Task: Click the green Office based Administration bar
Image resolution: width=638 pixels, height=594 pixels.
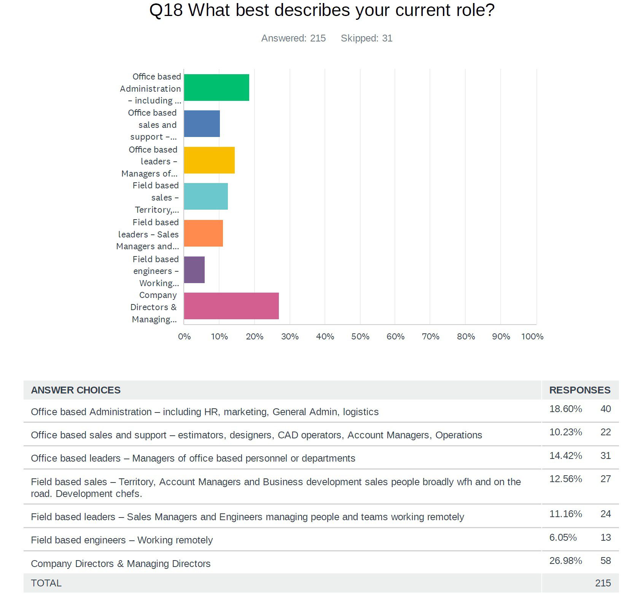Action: point(216,88)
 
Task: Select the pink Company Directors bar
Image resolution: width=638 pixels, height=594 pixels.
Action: point(231,306)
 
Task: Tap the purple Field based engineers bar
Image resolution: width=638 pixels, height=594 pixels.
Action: point(194,270)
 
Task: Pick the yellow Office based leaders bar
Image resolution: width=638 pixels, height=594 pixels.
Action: point(209,160)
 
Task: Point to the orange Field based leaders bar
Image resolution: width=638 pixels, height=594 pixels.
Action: point(203,233)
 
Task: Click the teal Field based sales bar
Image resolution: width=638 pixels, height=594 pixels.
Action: point(205,196)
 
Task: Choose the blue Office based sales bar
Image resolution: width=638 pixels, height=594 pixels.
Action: point(202,124)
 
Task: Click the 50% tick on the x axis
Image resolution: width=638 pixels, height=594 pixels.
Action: point(360,337)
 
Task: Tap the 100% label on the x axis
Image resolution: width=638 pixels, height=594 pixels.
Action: point(532,337)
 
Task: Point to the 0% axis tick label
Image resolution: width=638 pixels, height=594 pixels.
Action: point(185,337)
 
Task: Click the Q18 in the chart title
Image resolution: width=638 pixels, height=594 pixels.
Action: point(166,10)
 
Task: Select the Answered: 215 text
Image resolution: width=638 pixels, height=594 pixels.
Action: point(293,38)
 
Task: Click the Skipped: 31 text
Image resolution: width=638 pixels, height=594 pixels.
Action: point(366,38)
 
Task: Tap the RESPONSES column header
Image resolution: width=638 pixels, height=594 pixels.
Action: point(579,390)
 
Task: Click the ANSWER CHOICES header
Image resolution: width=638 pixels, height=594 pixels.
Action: point(76,390)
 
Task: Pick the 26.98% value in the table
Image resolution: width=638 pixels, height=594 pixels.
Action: point(565,561)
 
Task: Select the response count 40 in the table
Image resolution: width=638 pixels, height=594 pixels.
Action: point(605,409)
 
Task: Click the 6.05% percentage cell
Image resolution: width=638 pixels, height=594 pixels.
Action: point(563,537)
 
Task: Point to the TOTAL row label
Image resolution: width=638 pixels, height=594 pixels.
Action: point(46,583)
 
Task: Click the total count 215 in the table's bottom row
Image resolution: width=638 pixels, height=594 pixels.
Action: point(603,583)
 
